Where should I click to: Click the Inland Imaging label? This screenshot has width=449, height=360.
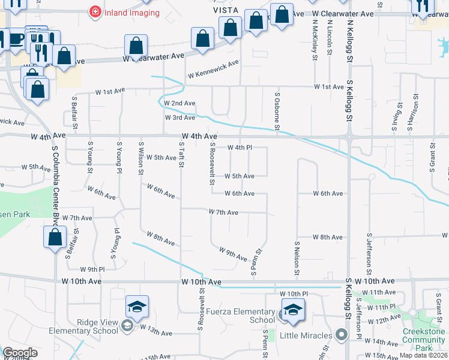tap(132, 12)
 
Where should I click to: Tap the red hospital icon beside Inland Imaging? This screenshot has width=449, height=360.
tap(94, 11)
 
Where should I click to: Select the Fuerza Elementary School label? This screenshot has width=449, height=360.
tap(240, 316)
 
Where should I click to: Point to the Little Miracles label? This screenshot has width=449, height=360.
tap(306, 335)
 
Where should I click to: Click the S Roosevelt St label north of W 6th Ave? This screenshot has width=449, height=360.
tap(212, 163)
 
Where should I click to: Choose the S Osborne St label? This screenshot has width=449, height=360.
tap(277, 110)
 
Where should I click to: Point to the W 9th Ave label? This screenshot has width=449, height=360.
tap(233, 254)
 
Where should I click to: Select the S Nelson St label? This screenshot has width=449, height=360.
tap(297, 259)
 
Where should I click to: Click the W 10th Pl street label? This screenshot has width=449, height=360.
tap(294, 293)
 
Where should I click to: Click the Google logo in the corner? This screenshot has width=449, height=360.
tap(20, 353)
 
